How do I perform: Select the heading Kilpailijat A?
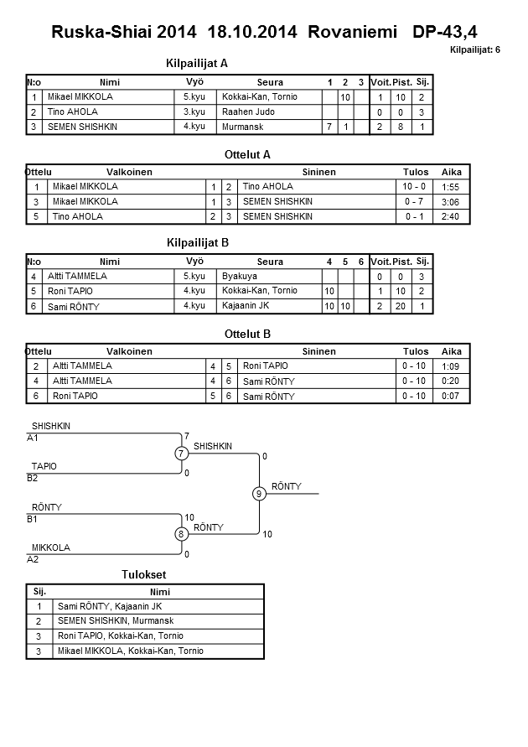coord(198,63)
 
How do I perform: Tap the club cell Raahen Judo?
coord(248,112)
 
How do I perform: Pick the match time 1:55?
coord(450,187)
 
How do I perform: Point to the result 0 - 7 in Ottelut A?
coord(413,201)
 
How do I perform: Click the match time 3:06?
coord(450,201)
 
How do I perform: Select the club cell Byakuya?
coord(240,276)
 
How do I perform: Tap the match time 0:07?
coord(450,395)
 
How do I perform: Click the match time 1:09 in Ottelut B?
coord(450,366)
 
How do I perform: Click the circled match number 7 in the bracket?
coord(181,454)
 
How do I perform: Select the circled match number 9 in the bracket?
coord(259,494)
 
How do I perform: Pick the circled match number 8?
coord(181,534)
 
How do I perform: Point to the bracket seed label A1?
coord(34,438)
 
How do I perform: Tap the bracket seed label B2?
coord(34,478)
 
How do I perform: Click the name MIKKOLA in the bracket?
coord(50,547)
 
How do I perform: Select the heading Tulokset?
coord(145,575)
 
